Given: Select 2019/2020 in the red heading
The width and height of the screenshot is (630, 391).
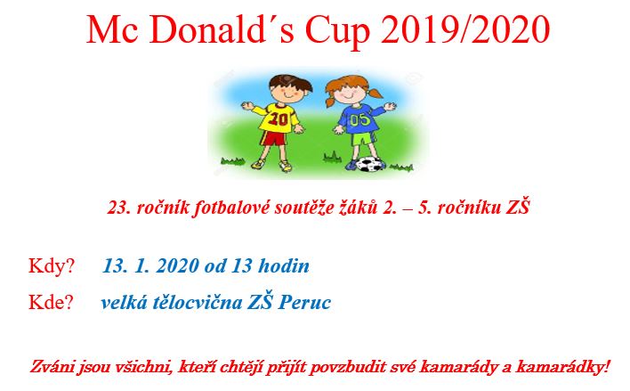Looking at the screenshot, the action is click(x=465, y=29).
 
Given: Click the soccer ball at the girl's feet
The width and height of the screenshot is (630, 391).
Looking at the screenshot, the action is click(x=369, y=164).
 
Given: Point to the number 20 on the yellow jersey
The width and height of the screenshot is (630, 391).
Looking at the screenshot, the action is click(x=278, y=118).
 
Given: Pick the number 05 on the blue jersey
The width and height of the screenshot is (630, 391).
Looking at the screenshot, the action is click(x=359, y=120).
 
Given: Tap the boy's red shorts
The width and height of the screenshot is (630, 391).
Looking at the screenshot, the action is click(x=274, y=138).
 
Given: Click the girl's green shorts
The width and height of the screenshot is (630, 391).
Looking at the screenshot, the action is click(x=363, y=139).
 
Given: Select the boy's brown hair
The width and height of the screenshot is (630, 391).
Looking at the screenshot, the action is click(x=291, y=83).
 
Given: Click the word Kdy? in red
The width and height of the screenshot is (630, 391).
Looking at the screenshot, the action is click(x=52, y=266).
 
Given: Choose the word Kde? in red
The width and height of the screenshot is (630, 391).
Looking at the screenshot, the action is click(x=51, y=303).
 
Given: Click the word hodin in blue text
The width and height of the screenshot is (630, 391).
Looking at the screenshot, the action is click(x=284, y=266).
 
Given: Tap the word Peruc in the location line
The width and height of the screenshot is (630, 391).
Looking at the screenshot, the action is click(x=304, y=303).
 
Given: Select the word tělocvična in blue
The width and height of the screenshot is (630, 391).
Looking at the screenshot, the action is click(x=198, y=303).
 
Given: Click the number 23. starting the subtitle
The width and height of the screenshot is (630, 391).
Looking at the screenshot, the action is click(x=119, y=208).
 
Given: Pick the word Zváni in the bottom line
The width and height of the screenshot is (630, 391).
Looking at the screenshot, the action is click(x=52, y=367).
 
